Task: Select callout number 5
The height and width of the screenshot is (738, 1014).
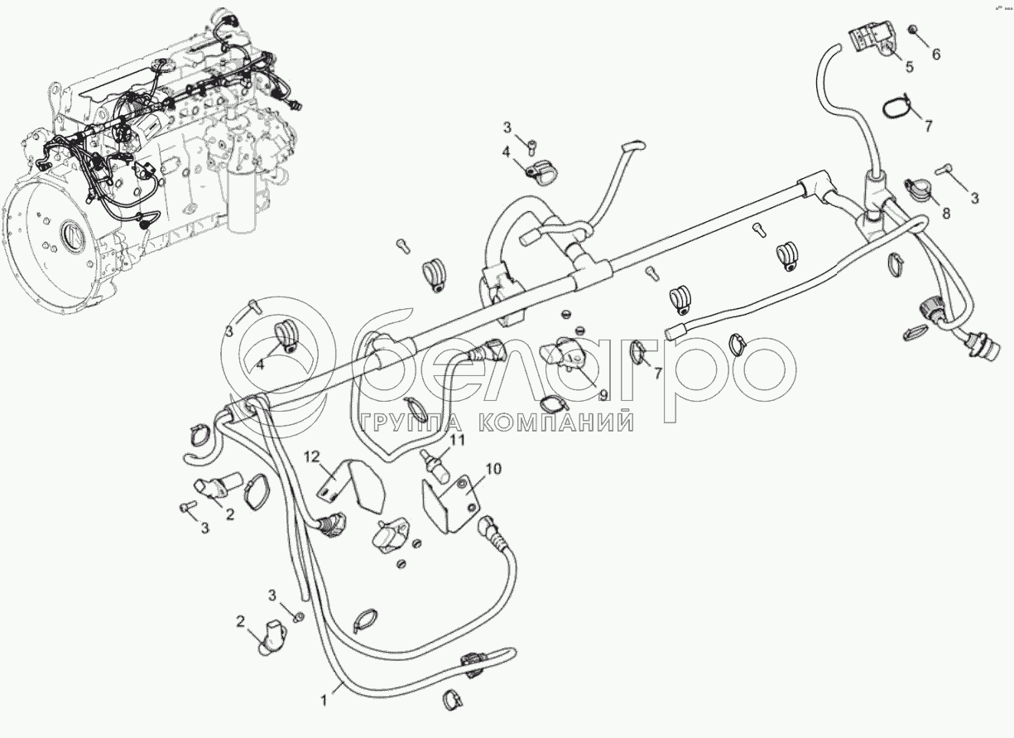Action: pyautogui.click(x=909, y=66)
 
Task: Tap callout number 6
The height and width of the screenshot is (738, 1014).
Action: pyautogui.click(x=936, y=55)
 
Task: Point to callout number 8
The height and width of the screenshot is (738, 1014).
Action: pyautogui.click(x=945, y=213)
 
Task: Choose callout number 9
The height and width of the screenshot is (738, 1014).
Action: pyautogui.click(x=603, y=396)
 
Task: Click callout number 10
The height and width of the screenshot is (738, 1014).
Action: pyautogui.click(x=493, y=469)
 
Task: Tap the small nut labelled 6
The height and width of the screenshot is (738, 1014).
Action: pyautogui.click(x=912, y=31)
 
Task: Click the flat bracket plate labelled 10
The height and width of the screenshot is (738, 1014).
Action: pyautogui.click(x=451, y=499)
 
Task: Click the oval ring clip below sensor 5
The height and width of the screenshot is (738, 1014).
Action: pyautogui.click(x=896, y=106)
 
